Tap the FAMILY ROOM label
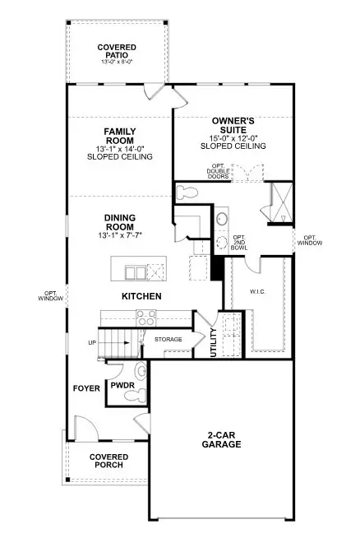pyautogui.click(x=125, y=136)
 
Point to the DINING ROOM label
pyautogui.click(x=120, y=223)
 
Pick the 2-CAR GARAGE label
pyautogui.click(x=224, y=439)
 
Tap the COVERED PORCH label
pyautogui.click(x=108, y=461)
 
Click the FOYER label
pyautogui.click(x=85, y=387)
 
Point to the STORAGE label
pyautogui.click(x=168, y=339)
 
